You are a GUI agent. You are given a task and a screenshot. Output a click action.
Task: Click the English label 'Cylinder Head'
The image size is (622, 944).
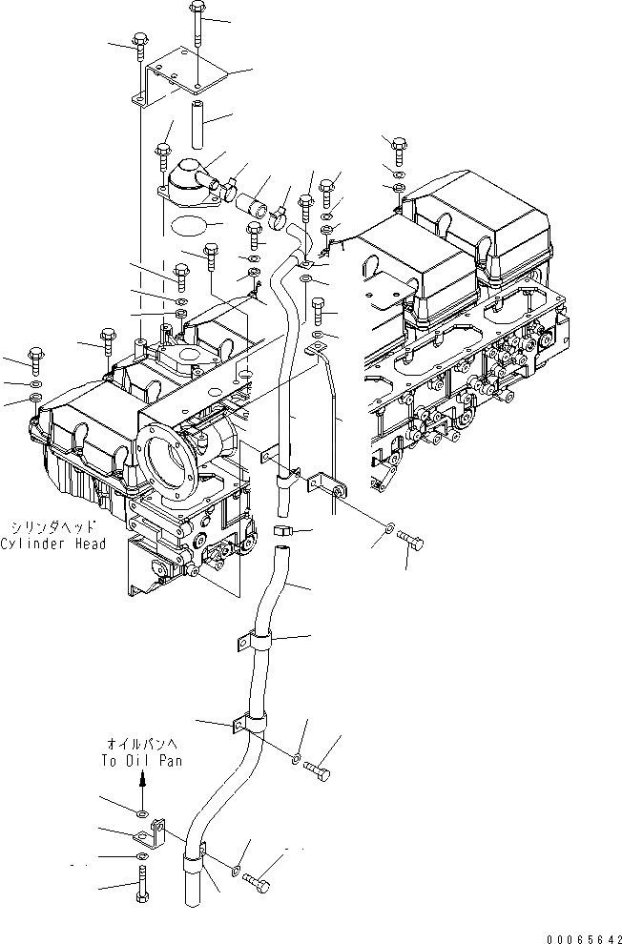[52, 544]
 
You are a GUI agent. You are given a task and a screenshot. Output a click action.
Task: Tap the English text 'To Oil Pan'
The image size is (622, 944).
[140, 761]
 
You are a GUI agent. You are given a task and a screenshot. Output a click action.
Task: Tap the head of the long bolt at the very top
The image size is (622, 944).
[196, 9]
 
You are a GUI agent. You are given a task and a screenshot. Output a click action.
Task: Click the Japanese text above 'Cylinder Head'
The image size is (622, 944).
[52, 526]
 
